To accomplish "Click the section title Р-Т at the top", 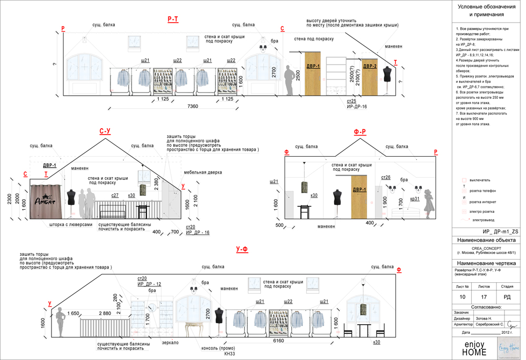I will click(x=173, y=19).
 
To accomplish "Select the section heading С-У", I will click(x=105, y=131).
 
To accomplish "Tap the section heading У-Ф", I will click(x=241, y=249).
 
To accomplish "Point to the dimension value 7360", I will click(x=193, y=107).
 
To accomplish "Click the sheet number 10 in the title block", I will click(x=462, y=297).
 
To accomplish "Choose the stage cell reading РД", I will click(x=507, y=297).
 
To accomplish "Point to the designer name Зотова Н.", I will click(x=483, y=318).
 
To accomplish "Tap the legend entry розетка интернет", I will click(x=482, y=202).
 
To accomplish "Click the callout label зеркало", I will click(x=170, y=343).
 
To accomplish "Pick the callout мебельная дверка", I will click(x=203, y=172).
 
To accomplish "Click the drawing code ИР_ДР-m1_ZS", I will click(x=485, y=231).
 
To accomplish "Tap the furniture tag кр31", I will click(x=415, y=199).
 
